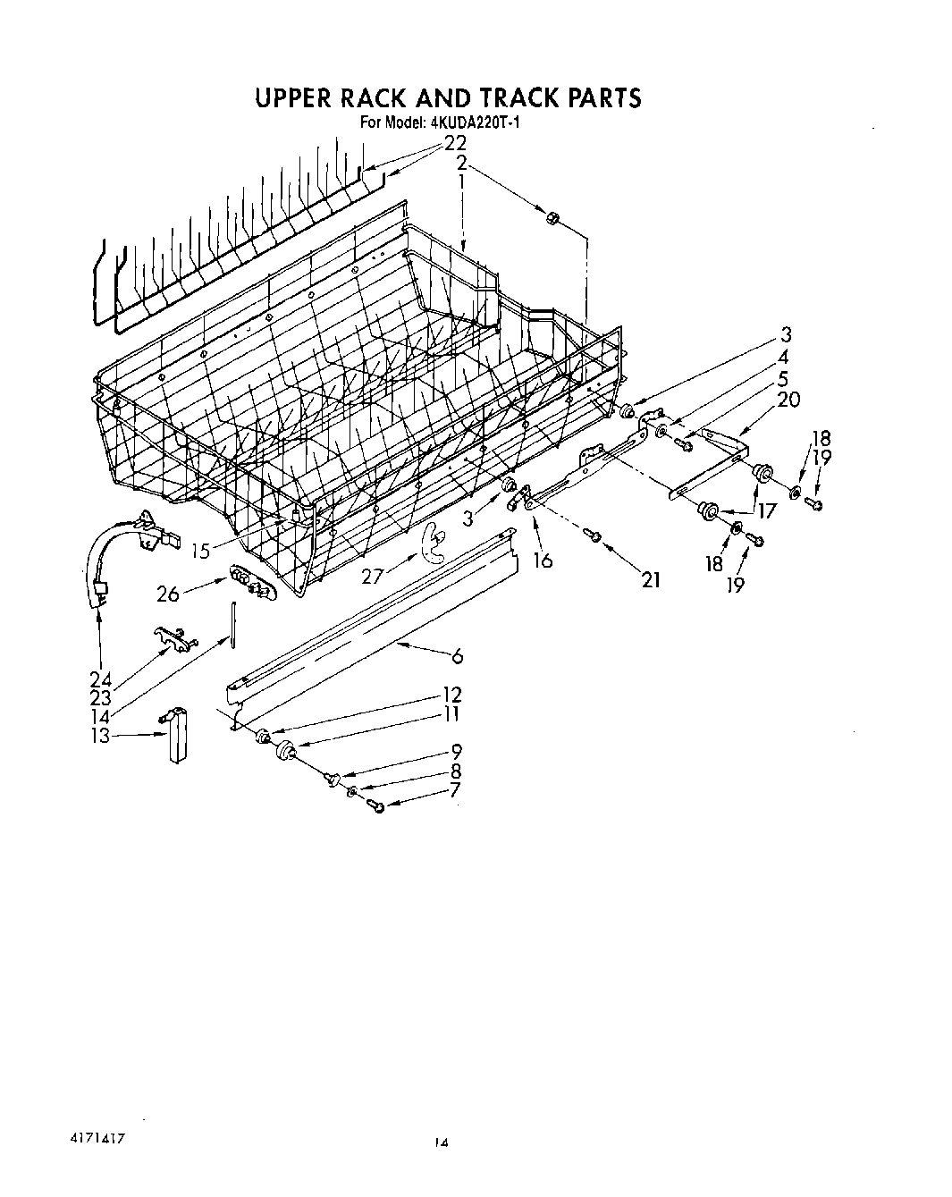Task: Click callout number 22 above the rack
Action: click(455, 144)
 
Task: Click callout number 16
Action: click(542, 561)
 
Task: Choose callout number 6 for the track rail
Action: click(458, 657)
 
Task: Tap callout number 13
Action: click(101, 735)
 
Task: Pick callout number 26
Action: click(168, 593)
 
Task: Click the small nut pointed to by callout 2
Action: click(552, 216)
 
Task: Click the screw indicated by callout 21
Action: click(592, 535)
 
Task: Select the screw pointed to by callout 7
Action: click(375, 807)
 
